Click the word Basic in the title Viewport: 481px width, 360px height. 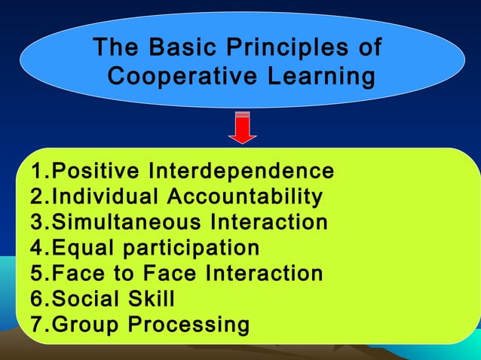[x=178, y=49]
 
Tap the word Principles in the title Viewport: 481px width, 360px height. [x=285, y=49]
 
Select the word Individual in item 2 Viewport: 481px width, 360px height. [x=106, y=197]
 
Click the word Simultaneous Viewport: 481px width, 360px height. [x=127, y=222]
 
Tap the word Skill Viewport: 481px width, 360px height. [x=150, y=299]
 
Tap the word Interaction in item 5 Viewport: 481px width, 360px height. [x=271, y=273]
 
